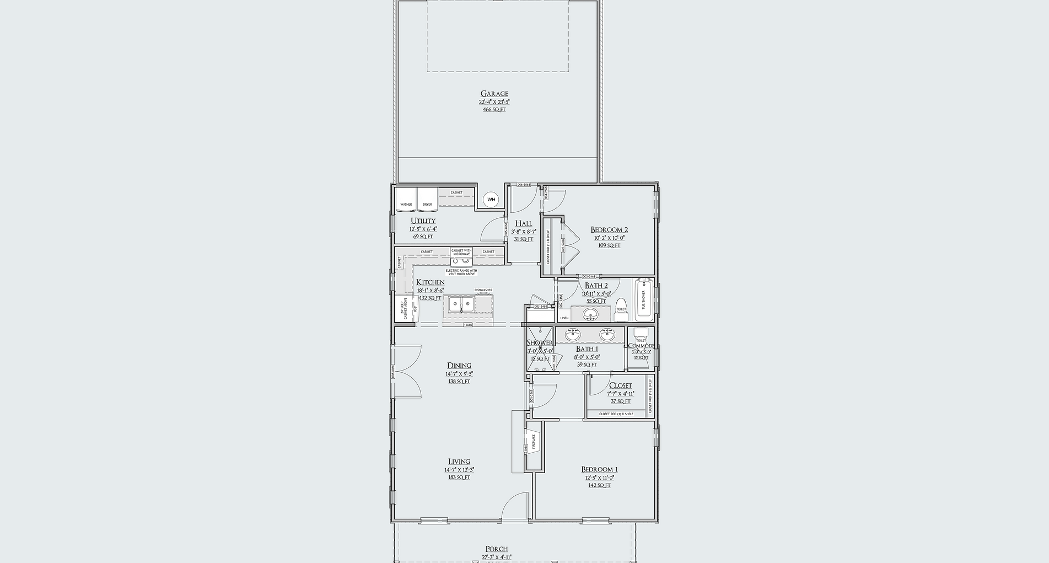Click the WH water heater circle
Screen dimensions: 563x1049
491,200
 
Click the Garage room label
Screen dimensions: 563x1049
494,94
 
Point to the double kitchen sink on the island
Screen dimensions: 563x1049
461,304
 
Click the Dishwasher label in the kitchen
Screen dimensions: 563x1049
483,290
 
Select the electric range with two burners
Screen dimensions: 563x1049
461,261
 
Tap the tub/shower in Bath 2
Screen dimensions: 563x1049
642,301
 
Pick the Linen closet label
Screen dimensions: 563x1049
564,318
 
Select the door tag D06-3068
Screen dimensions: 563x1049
523,185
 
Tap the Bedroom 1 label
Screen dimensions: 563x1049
599,470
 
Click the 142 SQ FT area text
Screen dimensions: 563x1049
599,485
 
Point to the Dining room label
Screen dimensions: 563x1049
459,366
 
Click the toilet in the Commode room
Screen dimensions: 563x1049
641,333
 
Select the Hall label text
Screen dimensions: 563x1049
523,224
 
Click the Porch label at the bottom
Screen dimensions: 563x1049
496,549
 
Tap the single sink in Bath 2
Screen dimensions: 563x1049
590,315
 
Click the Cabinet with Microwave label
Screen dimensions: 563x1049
461,252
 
